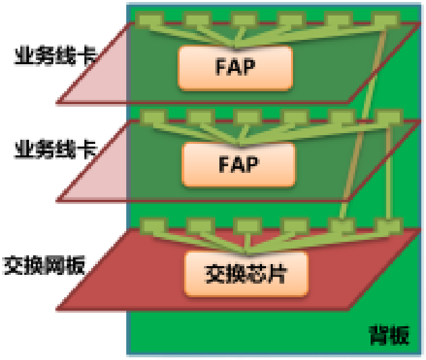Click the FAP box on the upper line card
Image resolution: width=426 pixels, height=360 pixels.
tap(235, 68)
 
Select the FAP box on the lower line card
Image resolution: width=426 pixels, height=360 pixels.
tap(239, 164)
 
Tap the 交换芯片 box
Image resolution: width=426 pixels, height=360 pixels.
tap(246, 274)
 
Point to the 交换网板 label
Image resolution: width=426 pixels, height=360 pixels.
tap(45, 265)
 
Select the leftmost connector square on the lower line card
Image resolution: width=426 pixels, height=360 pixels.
tap(151, 118)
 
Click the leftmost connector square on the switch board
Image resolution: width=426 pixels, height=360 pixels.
tap(149, 224)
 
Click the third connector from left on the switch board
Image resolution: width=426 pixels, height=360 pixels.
tap(244, 224)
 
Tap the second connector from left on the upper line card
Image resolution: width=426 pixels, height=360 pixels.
tap(193, 19)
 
